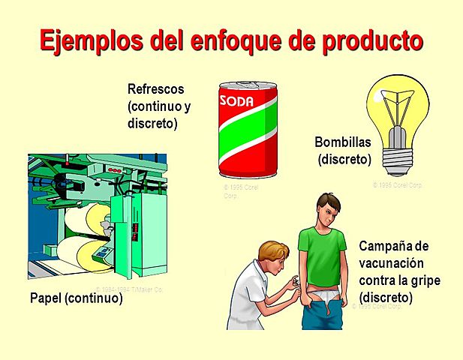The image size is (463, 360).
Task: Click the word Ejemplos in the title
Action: [86, 40]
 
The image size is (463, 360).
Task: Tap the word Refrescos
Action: [156, 90]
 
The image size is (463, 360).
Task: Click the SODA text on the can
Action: [236, 100]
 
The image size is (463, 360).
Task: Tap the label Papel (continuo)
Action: [76, 298]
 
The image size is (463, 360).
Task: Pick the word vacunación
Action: [392, 263]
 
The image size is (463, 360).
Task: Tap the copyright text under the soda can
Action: [240, 191]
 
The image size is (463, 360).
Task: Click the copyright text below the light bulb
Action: [398, 184]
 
